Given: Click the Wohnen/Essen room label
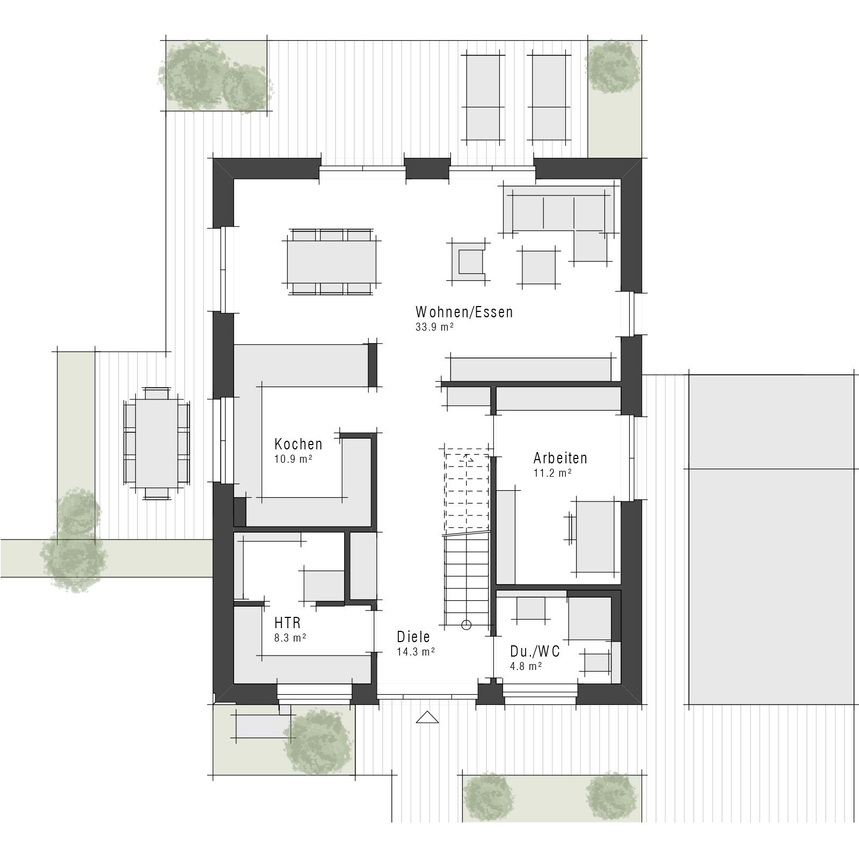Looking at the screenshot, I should point(464,312).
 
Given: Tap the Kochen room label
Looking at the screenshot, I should point(298,444).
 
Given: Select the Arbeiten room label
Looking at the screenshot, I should point(560,458).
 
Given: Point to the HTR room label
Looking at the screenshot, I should point(287,623).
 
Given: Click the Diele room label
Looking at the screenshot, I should point(413,637).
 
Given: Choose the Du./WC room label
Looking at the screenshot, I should point(535,651).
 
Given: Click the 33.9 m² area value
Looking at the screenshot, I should point(434,327).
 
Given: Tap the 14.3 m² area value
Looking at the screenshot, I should point(416,652).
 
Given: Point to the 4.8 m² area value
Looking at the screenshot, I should point(526,666).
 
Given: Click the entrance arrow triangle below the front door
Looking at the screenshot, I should point(427,717).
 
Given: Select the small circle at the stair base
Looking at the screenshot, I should point(466,624).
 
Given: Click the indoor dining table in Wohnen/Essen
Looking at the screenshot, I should point(331,262).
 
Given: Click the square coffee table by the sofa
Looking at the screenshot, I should point(538,267).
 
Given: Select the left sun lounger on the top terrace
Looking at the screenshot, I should point(483,97).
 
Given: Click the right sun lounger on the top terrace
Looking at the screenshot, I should point(549,97).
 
